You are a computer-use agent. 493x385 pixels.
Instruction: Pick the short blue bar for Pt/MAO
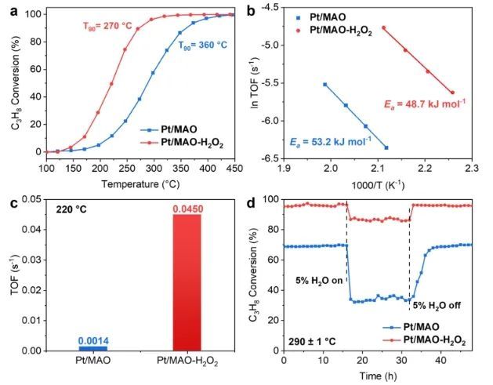click(x=92, y=347)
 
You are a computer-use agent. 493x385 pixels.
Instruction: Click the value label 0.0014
click(x=93, y=339)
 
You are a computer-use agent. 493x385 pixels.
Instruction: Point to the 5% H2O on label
click(x=317, y=281)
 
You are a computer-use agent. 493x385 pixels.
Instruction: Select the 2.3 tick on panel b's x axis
click(x=471, y=168)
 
